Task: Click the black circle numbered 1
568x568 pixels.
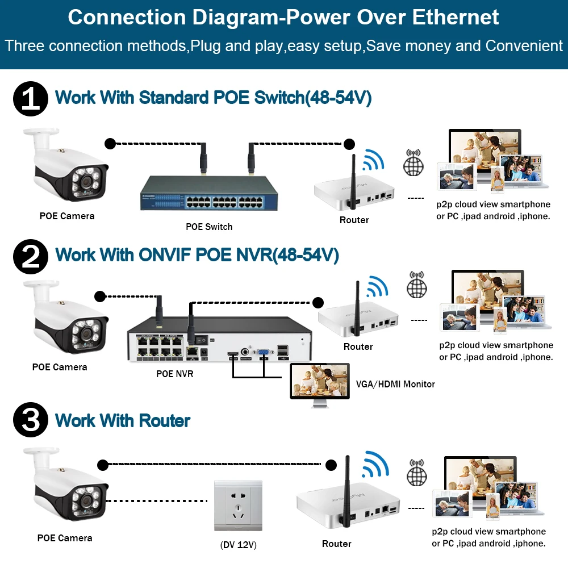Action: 30,98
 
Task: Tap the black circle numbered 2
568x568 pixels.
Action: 30,256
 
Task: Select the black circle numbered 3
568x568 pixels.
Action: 30,421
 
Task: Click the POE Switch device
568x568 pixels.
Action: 209,193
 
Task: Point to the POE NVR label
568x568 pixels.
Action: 175,374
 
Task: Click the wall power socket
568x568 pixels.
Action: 238,506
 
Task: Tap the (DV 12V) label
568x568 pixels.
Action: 239,545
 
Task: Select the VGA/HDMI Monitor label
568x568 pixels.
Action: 395,385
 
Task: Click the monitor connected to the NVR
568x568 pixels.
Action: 318,383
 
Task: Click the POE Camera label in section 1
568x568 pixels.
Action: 67,216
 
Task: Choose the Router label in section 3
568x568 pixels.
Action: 337,544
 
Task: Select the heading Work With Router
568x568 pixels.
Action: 123,421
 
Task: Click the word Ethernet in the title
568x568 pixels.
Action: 456,17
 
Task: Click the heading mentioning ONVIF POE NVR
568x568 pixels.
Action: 197,255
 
